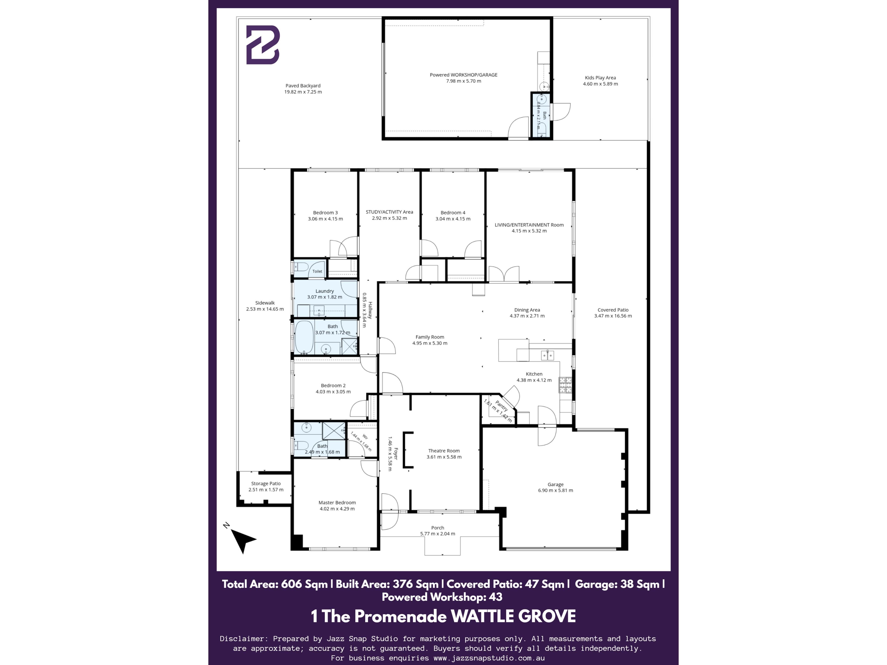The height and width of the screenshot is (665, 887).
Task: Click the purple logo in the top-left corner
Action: pyautogui.click(x=263, y=45)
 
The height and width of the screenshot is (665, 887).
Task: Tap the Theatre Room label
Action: pyautogui.click(x=444, y=450)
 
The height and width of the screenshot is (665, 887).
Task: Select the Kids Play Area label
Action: pyautogui.click(x=600, y=78)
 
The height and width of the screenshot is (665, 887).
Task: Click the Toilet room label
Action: pyautogui.click(x=317, y=271)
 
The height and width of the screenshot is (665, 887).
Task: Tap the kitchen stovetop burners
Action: pyautogui.click(x=565, y=385)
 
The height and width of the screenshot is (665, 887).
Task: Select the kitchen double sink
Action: pyautogui.click(x=547, y=355)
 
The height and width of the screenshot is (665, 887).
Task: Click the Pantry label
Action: pyautogui.click(x=501, y=406)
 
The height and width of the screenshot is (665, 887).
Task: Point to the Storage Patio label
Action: pyautogui.click(x=266, y=484)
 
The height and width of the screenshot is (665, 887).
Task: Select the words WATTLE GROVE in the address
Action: pyautogui.click(x=514, y=616)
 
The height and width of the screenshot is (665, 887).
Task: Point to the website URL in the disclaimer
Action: pyautogui.click(x=489, y=658)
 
